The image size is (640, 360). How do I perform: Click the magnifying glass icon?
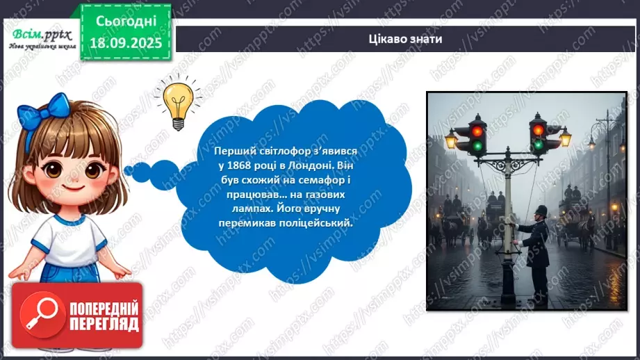(40, 311)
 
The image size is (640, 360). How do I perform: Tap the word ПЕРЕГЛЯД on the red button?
(104, 323)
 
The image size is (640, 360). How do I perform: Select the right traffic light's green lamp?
(537, 145)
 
